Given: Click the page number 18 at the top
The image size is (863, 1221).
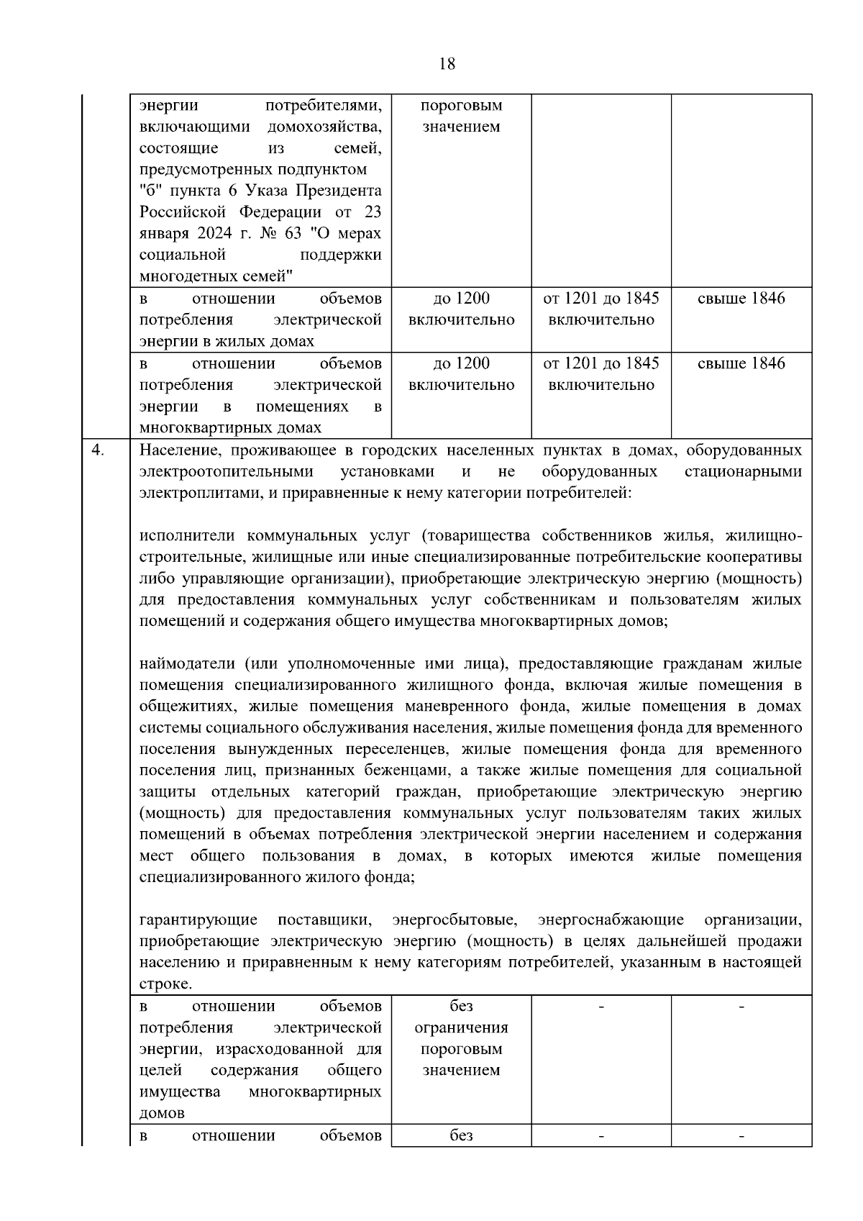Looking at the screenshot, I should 446,64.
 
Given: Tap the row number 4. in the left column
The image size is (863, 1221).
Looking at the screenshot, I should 99,450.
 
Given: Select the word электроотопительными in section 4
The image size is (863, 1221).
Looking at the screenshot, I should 227,472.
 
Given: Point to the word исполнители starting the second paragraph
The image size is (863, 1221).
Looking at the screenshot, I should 188,536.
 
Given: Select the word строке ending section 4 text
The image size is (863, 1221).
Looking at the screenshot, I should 165,984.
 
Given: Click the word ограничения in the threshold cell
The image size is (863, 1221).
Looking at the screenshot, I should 461,1027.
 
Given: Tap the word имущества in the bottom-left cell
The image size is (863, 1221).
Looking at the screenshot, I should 180,1091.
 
